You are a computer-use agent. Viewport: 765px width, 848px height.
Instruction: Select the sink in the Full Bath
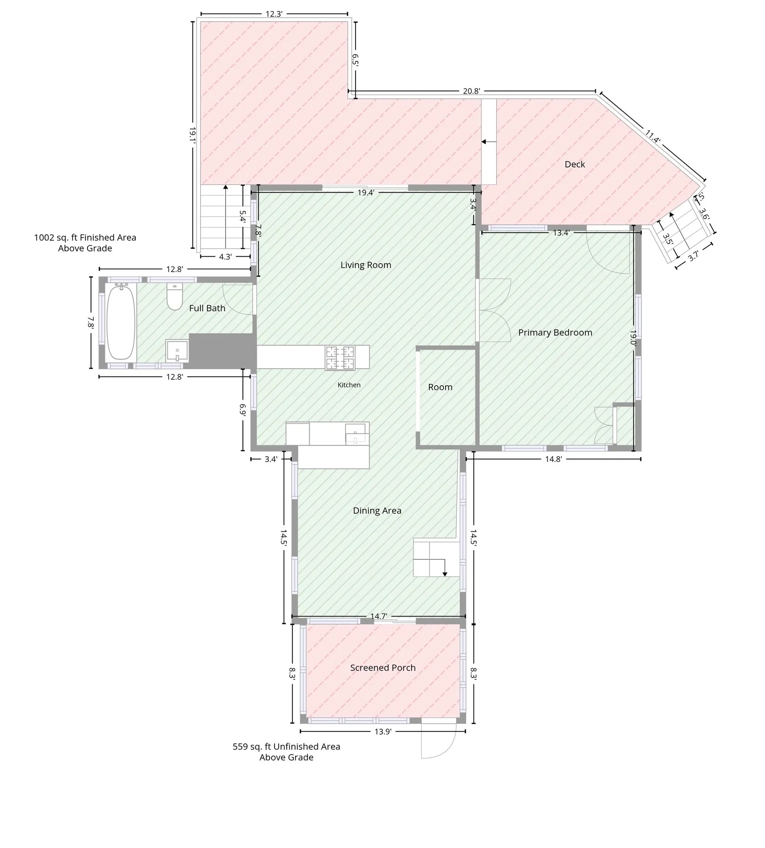pos(177,351)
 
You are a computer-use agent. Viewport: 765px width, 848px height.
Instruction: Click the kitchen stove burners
pos(340,357)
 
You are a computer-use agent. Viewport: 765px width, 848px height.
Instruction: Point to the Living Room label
pos(366,265)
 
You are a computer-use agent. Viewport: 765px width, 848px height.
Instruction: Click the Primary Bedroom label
pos(555,333)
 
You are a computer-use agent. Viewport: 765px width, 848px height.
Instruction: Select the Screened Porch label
pos(383,668)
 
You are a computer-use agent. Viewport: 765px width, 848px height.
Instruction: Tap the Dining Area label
pos(377,511)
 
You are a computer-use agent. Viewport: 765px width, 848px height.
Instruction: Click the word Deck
pos(575,164)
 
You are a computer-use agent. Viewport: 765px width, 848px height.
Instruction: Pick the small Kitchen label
pos(349,385)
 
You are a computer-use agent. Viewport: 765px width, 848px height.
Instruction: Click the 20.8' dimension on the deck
pos(471,91)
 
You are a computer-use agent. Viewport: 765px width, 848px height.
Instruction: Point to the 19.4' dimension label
pos(366,193)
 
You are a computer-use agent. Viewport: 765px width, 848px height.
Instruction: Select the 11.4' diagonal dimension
pos(653,136)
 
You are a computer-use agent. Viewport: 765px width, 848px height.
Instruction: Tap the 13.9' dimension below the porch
pos(383,731)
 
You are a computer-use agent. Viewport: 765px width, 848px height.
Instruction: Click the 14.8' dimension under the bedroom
pos(553,459)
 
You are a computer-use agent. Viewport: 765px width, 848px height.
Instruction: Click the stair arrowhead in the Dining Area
pos(445,574)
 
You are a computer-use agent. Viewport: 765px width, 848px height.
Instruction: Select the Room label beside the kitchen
pos(440,387)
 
